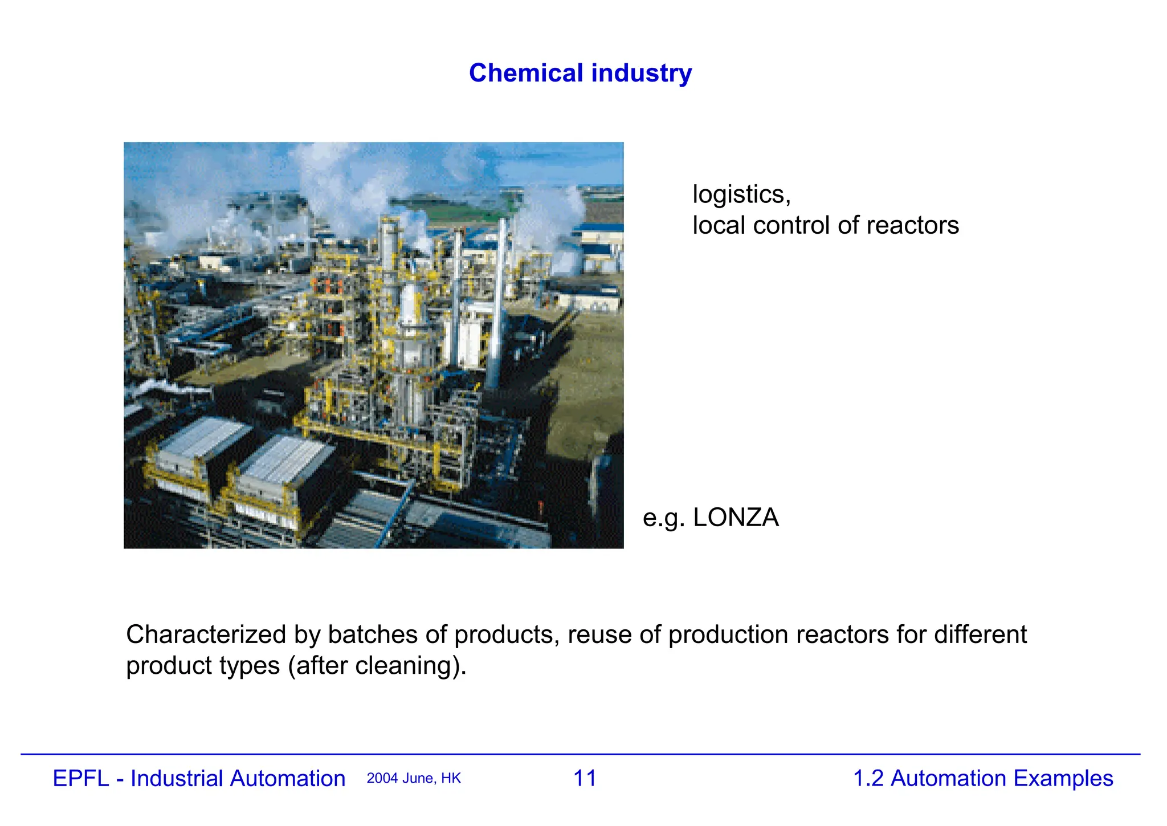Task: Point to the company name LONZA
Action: click(736, 518)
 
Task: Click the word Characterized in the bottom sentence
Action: click(206, 635)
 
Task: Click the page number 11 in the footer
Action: click(585, 779)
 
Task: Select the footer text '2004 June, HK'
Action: click(414, 779)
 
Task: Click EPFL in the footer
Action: click(80, 779)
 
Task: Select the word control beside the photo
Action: click(791, 226)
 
